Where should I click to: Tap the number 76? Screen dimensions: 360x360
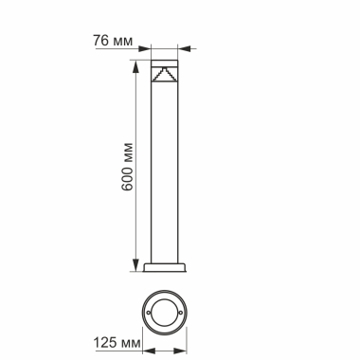click(x=100, y=41)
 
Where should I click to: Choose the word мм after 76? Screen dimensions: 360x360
click(x=121, y=41)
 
